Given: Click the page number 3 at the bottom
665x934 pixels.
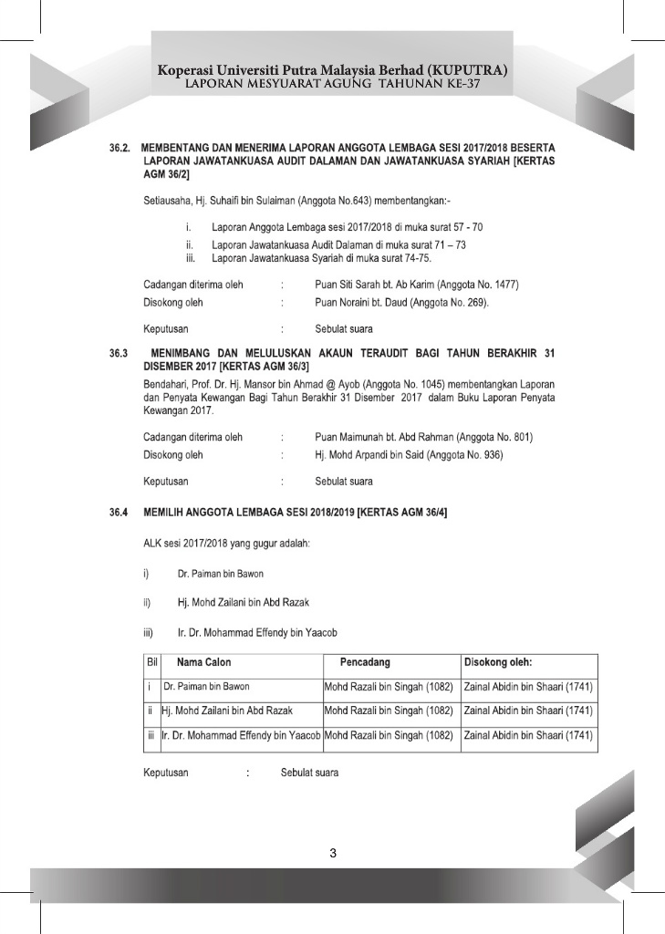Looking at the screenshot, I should (x=333, y=854).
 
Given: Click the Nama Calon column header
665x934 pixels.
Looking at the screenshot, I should (x=203, y=661).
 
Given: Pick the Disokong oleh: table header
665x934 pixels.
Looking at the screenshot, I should (x=499, y=661).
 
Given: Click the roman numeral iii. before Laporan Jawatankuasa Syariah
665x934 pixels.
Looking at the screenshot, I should (x=191, y=258).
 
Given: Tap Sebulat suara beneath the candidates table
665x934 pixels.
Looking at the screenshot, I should (x=309, y=773).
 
